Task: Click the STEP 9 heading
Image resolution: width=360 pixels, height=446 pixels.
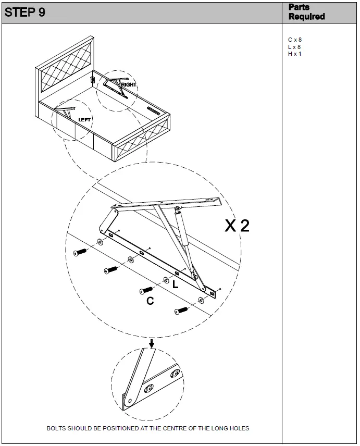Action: pyautogui.click(x=25, y=13)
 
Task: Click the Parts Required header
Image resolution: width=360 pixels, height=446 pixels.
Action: pyautogui.click(x=306, y=12)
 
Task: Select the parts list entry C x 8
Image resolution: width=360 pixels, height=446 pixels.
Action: pyautogui.click(x=295, y=40)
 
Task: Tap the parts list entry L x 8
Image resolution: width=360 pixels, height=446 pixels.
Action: pyautogui.click(x=294, y=47)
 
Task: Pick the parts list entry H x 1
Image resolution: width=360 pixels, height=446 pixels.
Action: pyautogui.click(x=295, y=54)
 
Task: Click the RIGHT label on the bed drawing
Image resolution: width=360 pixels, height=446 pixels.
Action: pyautogui.click(x=129, y=84)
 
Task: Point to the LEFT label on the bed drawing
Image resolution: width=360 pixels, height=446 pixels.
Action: pyautogui.click(x=84, y=119)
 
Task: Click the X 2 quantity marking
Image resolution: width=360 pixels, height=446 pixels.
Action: pyautogui.click(x=237, y=226)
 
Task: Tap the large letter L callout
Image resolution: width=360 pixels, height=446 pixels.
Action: pyautogui.click(x=175, y=284)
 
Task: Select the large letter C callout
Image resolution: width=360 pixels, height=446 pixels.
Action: pyautogui.click(x=150, y=301)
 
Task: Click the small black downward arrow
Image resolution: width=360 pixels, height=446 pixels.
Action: pyautogui.click(x=152, y=343)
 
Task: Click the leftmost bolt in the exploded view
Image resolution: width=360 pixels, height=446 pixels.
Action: pyautogui.click(x=80, y=252)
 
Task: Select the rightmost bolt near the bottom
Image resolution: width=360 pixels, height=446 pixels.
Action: pyautogui.click(x=181, y=311)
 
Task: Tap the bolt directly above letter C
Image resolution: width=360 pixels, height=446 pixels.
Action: pyautogui.click(x=146, y=290)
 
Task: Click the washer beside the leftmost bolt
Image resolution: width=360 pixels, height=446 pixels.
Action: pyautogui.click(x=99, y=243)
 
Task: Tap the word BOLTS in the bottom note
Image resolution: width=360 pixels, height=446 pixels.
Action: pyautogui.click(x=56, y=428)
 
